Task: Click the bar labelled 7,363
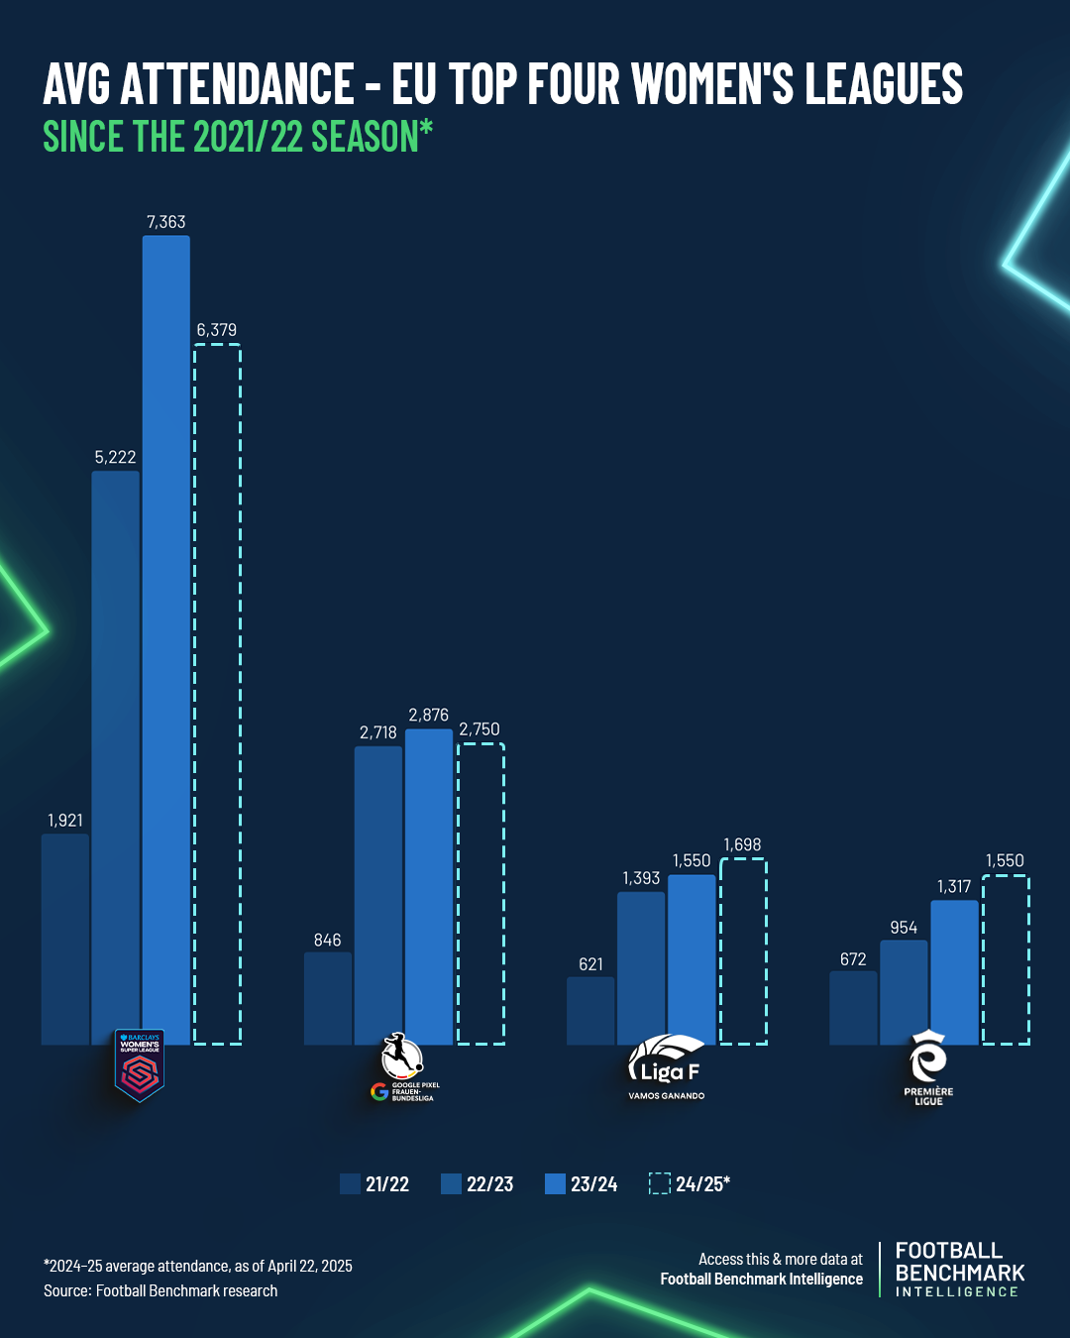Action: point(165,639)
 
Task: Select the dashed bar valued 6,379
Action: point(217,694)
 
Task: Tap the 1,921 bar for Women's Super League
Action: point(65,939)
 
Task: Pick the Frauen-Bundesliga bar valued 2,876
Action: point(429,886)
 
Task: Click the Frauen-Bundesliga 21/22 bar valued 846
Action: point(328,998)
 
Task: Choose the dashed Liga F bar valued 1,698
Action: point(743,950)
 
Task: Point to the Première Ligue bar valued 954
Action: point(904,992)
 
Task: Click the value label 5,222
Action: point(115,457)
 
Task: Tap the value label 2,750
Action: point(480,729)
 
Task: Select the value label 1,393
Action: point(641,878)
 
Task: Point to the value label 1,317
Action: point(954,887)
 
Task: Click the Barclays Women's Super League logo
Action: point(140,1065)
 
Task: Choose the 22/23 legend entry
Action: point(478,1183)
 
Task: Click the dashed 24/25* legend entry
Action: point(690,1183)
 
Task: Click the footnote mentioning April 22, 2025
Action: point(198,1266)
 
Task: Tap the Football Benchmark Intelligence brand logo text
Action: point(959,1270)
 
